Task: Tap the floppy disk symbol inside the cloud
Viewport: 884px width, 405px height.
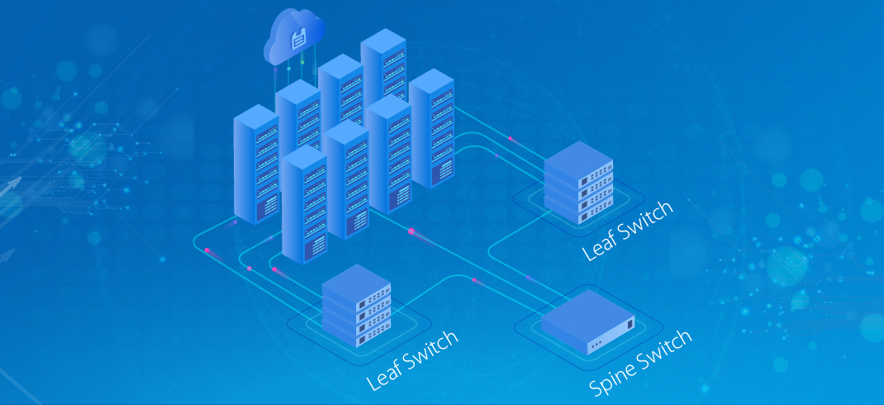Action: (x=298, y=38)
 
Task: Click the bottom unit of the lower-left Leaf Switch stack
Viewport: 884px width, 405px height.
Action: (x=355, y=332)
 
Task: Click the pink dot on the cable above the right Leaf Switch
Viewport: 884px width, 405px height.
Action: (x=511, y=138)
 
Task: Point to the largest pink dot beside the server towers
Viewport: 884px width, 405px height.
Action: (x=411, y=231)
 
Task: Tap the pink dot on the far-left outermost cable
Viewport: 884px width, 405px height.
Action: (x=207, y=250)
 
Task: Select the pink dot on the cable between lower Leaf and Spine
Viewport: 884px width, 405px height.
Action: (x=473, y=280)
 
